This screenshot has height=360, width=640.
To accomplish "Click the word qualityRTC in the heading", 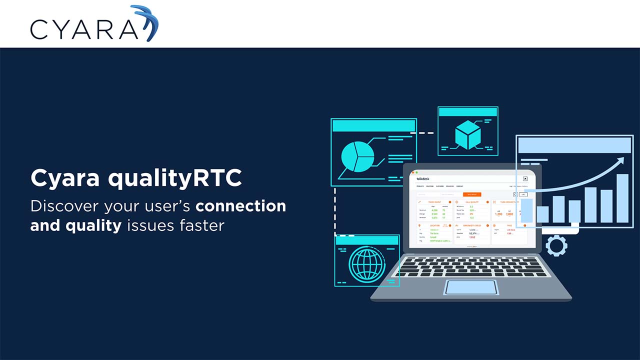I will click(175, 178).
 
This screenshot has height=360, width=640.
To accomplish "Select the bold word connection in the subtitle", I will click(240, 206).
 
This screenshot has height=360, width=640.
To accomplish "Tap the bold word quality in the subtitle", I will click(93, 225).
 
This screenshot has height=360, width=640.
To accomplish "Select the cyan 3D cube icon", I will click(467, 134).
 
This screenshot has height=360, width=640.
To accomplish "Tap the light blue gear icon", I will click(556, 245).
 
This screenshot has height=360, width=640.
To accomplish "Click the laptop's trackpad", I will click(471, 287).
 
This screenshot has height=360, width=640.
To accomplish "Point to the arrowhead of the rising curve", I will click(621, 160).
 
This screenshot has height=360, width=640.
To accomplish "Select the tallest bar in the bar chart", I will click(622, 198).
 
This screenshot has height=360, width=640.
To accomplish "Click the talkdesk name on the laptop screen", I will click(423, 178).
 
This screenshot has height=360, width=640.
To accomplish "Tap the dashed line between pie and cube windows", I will click(421, 133).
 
